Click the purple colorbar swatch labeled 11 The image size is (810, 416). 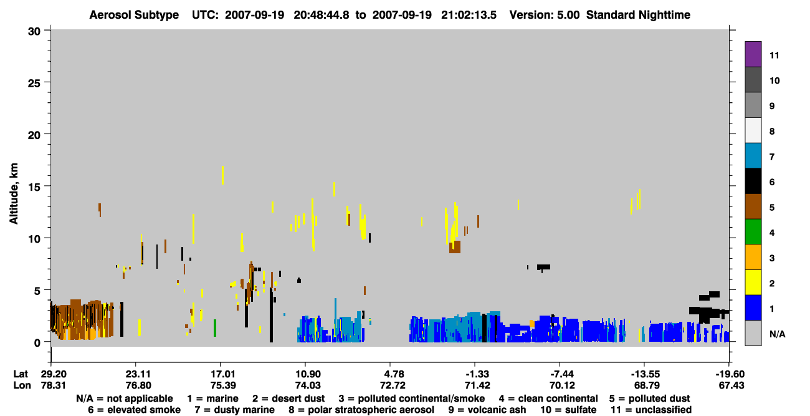point(753,54)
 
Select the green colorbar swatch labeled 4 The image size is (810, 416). point(753,232)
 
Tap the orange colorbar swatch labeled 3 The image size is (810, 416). point(753,257)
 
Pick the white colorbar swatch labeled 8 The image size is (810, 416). point(753,130)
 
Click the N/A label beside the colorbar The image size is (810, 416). point(777,334)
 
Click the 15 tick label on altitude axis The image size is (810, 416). point(34,187)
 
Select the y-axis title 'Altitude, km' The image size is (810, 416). point(14,194)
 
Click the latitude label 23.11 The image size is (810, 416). point(138,374)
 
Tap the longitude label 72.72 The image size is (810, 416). point(393,385)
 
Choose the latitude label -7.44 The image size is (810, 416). point(562,374)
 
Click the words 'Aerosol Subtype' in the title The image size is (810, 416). point(134,15)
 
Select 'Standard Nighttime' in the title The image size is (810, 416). point(638,15)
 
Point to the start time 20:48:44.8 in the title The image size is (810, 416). point(322,15)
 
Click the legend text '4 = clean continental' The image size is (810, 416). point(548,399)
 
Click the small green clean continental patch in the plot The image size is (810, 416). point(215,328)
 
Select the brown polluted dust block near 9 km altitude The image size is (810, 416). point(455,247)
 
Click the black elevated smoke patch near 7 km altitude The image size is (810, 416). point(543,267)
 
